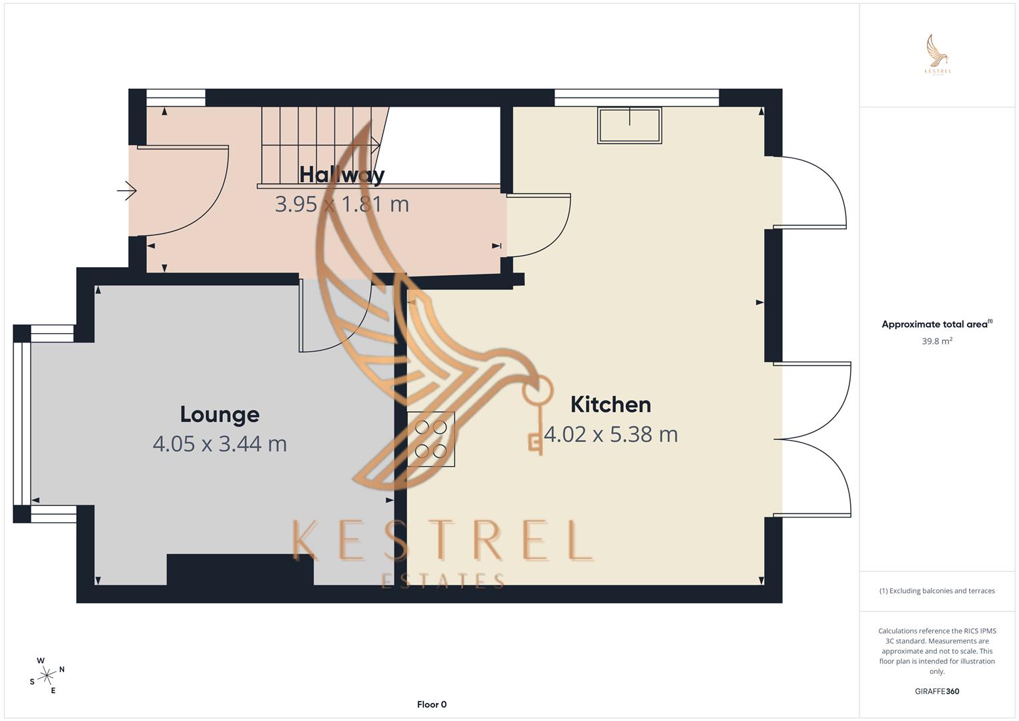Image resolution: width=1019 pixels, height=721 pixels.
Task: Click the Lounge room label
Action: (x=220, y=415)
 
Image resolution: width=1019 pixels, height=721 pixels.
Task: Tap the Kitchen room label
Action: (x=611, y=405)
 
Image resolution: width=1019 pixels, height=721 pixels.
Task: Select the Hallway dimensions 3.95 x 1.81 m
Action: (x=342, y=204)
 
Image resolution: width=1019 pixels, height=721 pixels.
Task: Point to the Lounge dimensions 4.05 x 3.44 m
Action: (x=220, y=444)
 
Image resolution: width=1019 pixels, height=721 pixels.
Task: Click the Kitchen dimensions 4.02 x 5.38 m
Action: (x=611, y=435)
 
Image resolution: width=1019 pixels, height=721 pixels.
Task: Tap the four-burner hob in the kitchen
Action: (x=431, y=439)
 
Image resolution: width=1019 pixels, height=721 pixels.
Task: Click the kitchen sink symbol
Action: (x=629, y=125)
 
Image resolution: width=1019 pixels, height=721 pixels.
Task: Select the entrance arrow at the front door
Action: (x=127, y=192)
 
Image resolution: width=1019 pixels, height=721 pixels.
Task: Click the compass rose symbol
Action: (x=47, y=676)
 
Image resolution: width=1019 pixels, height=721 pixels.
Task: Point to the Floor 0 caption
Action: (x=432, y=704)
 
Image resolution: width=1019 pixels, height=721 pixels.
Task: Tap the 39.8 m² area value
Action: (x=937, y=341)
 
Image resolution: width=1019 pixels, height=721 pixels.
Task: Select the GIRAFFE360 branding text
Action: (x=937, y=692)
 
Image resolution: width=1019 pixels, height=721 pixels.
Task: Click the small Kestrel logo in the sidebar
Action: (x=938, y=55)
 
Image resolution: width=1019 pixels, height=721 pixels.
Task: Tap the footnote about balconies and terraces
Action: (x=937, y=591)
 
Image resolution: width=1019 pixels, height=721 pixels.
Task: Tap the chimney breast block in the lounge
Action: (x=240, y=569)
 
